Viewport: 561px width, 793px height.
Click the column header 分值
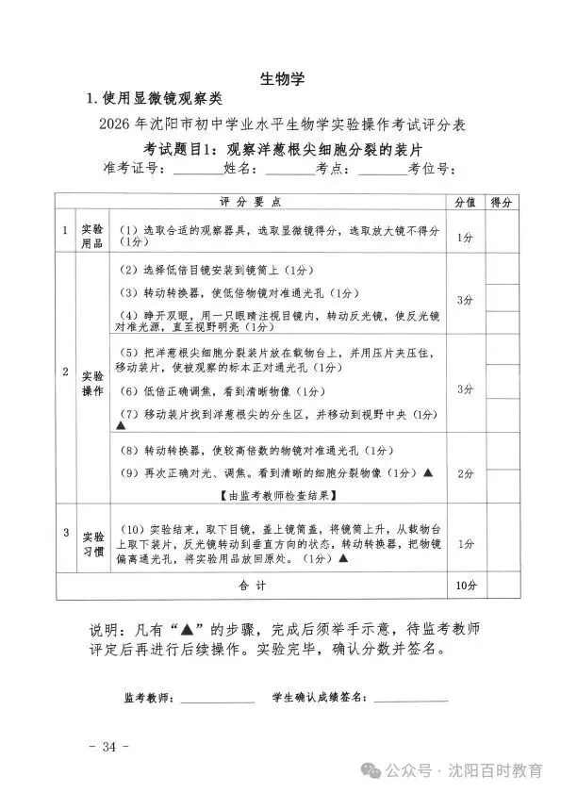pos(464,202)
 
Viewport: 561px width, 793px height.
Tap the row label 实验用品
pos(92,236)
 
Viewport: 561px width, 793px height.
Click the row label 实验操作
pos(92,382)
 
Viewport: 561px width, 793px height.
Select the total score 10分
pos(464,586)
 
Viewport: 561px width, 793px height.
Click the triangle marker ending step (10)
pos(343,558)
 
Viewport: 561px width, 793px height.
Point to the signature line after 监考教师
pos(218,699)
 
